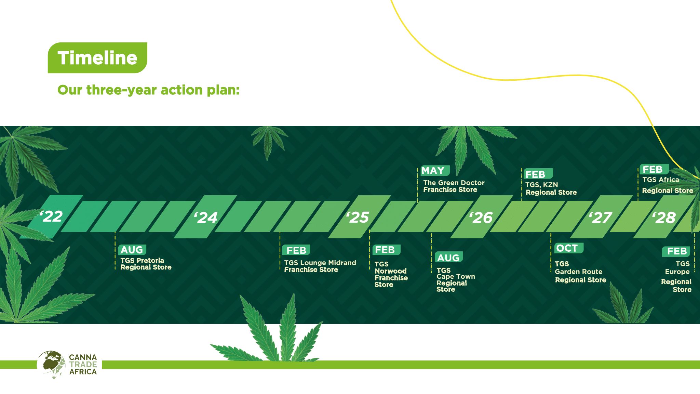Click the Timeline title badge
97,58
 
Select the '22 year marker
51,216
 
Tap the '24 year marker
206,218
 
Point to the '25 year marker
358,217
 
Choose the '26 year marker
481,218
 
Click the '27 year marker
601,218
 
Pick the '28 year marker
664,218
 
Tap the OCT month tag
568,248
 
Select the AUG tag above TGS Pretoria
132,250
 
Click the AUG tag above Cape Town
448,257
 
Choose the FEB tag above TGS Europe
676,251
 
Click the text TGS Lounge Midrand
320,263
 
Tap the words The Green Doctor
454,183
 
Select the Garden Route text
579,272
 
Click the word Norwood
391,271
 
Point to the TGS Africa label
661,180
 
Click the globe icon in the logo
51,365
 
